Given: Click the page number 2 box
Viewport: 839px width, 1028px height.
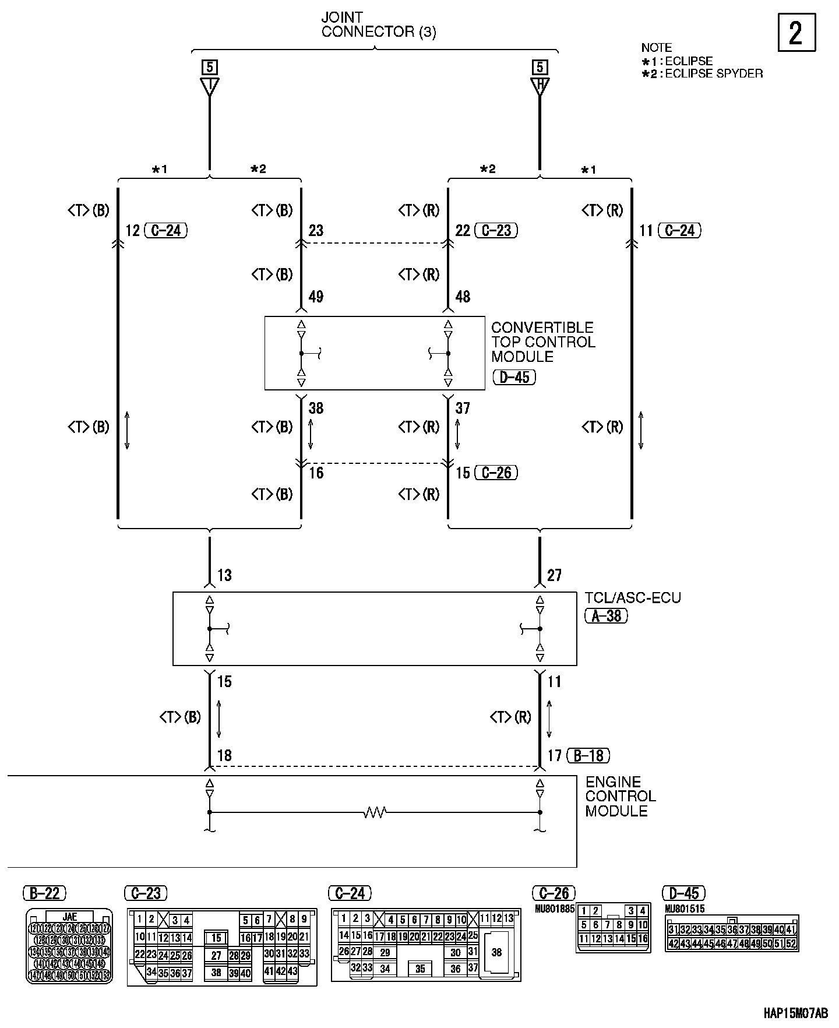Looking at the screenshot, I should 796,33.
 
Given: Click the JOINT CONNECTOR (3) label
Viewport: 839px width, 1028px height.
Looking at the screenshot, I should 378,25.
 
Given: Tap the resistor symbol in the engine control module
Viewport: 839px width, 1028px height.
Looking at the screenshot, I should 375,812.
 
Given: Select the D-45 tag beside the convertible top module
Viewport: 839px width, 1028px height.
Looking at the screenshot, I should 514,377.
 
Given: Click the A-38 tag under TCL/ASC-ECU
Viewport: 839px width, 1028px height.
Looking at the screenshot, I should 607,615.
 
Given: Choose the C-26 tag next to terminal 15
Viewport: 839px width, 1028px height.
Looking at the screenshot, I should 496,472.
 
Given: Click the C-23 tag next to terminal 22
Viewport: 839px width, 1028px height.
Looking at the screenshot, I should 496,231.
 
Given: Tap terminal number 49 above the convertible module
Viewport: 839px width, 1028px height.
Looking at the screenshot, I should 316,297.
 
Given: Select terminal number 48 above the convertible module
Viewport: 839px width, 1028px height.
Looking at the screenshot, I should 463,297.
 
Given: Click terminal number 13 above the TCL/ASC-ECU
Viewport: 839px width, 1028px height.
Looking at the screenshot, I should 224,576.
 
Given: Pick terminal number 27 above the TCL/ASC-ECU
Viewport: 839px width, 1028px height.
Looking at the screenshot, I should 554,576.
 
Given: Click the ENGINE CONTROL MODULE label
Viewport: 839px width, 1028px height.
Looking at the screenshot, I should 621,796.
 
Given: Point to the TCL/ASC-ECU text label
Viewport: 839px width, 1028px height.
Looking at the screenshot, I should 633,598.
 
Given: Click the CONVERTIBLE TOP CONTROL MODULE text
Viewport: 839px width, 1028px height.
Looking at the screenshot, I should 543,342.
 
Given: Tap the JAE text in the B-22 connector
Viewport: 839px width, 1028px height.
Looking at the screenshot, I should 69,917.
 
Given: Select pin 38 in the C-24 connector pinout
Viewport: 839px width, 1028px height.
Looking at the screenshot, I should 496,952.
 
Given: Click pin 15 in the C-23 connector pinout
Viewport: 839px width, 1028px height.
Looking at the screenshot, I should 216,938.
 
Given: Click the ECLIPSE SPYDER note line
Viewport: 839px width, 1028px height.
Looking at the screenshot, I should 702,73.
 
